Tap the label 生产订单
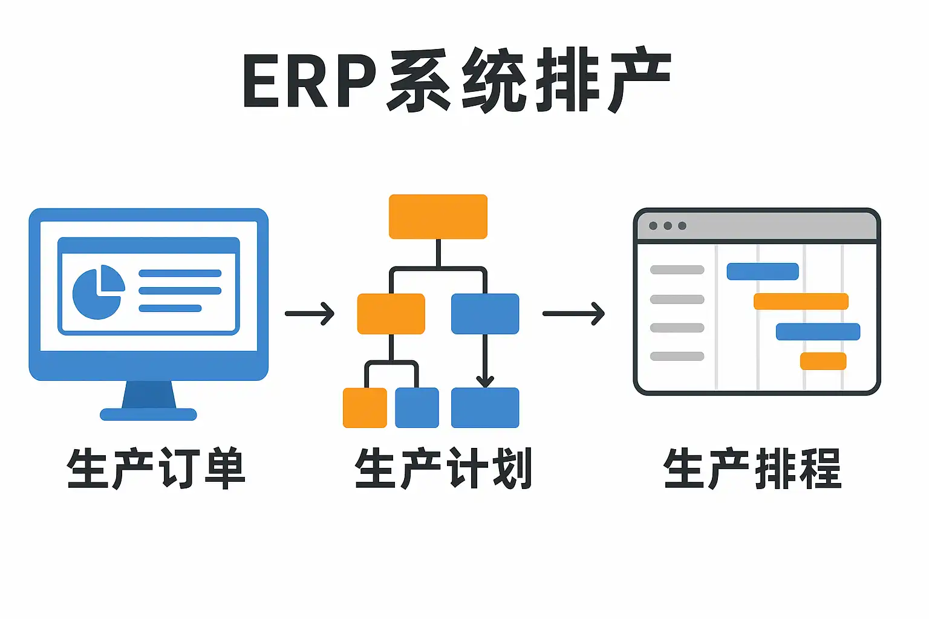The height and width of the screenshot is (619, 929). [157, 468]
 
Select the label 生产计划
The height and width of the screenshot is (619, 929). [443, 468]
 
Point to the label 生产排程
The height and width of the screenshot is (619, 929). [752, 468]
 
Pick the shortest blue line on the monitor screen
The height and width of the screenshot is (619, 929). [170, 308]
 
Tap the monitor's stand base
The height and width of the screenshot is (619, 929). [148, 414]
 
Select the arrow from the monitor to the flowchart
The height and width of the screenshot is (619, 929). [310, 314]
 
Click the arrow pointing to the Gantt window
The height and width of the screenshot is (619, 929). [573, 314]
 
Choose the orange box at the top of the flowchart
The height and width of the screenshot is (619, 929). [438, 216]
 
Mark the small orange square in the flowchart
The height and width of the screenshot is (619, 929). [365, 408]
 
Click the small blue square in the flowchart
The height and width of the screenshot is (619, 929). [417, 408]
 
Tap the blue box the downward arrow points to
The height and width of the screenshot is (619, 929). [485, 408]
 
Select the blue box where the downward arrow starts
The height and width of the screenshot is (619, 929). [485, 314]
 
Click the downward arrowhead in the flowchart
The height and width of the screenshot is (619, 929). [485, 381]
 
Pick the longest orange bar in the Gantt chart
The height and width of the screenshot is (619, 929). [801, 301]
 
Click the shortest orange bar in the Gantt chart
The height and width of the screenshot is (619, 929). [823, 361]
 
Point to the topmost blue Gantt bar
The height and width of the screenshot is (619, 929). [762, 271]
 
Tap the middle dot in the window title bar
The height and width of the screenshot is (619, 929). [668, 226]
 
